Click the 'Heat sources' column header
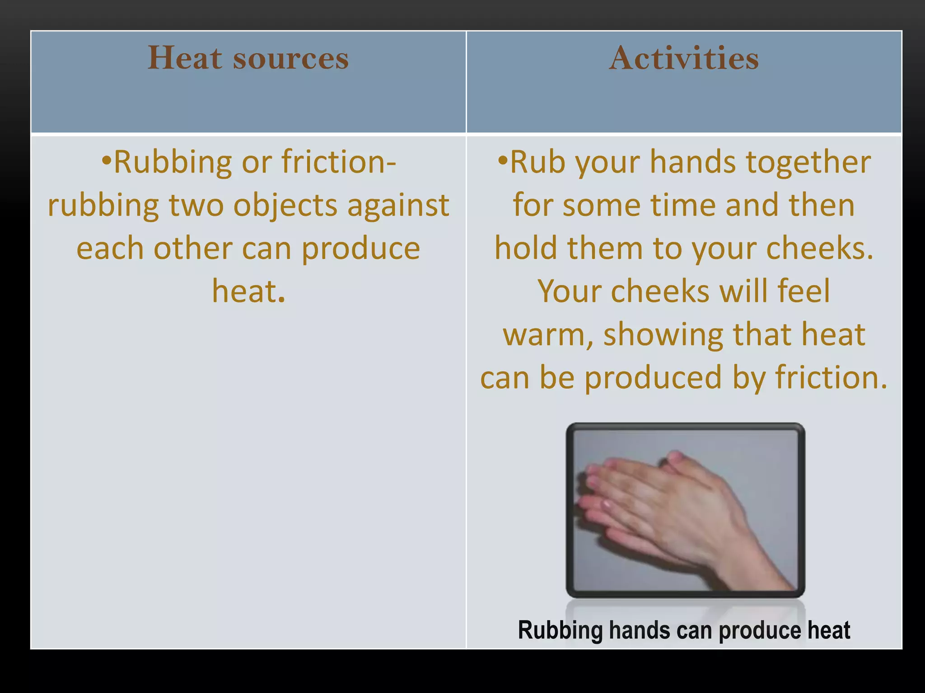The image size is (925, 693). tap(248, 58)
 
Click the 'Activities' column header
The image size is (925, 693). tap(684, 58)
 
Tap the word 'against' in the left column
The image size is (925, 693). tap(398, 205)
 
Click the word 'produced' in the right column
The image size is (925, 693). tap(653, 378)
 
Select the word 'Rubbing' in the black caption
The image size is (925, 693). tap(560, 631)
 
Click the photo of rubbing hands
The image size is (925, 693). tap(685, 510)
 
